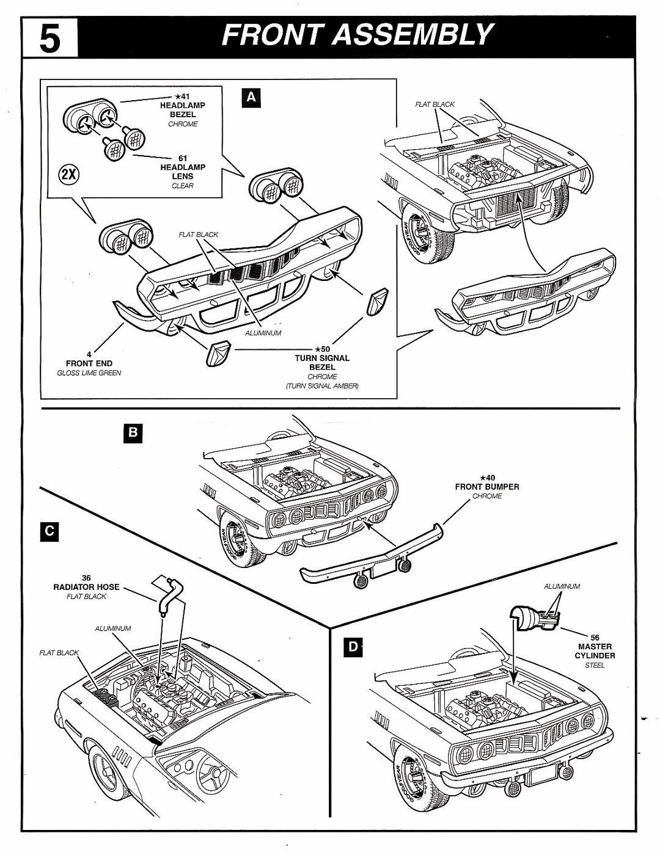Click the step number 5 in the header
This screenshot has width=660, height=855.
coord(50,38)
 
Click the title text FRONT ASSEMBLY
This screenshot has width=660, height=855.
coord(358,35)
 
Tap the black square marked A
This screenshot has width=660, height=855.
coord(251,98)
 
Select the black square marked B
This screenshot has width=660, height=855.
coord(133,434)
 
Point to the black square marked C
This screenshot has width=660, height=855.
coord(50,531)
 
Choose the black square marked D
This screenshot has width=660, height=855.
coord(353,647)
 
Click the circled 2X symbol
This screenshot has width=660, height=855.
coord(69,173)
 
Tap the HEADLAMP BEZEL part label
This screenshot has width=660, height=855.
coord(183,110)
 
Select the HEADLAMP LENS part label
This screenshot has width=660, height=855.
coord(183,172)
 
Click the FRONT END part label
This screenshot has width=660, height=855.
coord(89,363)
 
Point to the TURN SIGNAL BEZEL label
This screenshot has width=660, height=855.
coord(322,363)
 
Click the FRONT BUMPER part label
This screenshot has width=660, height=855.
coord(486,487)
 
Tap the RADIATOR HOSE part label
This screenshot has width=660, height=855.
coord(86,587)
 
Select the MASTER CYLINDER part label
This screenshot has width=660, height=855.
coord(594,651)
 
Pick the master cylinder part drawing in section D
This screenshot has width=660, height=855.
coord(533,618)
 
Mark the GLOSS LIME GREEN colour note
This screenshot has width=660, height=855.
coord(89,373)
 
